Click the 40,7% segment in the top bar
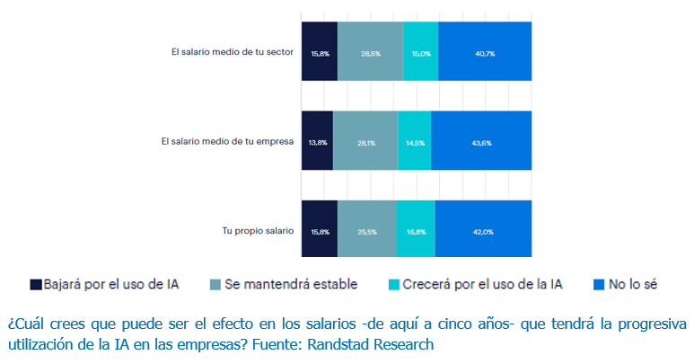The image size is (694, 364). (485, 52)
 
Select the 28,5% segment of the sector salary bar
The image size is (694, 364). (370, 52)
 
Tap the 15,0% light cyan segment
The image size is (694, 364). (420, 52)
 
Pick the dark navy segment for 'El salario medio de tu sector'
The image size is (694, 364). (320, 52)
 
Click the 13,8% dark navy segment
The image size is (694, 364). (317, 141)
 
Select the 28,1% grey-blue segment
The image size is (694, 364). (365, 141)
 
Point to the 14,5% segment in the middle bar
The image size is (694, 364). (414, 141)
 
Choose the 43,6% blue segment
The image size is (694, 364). (481, 141)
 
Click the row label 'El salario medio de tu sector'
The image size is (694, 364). (232, 52)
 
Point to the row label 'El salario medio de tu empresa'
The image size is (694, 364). (227, 141)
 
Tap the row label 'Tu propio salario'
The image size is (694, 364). (258, 231)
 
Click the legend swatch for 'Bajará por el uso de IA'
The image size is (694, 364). (36, 285)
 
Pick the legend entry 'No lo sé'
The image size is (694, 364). (633, 285)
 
